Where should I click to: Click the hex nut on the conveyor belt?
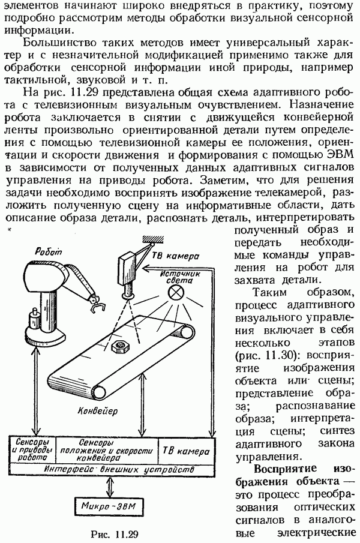point(119,346)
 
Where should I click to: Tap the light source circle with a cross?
point(175,293)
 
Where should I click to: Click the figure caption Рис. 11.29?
point(115,534)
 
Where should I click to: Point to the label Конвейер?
point(97,411)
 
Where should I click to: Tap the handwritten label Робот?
point(48,251)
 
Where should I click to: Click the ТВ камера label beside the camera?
point(175,256)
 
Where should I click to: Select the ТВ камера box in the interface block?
point(186,451)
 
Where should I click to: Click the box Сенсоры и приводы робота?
point(33,451)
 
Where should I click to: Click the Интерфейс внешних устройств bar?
point(112,470)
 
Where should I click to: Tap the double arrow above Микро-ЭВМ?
point(110,487)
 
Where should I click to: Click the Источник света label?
point(181,277)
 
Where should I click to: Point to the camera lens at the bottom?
point(128,295)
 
